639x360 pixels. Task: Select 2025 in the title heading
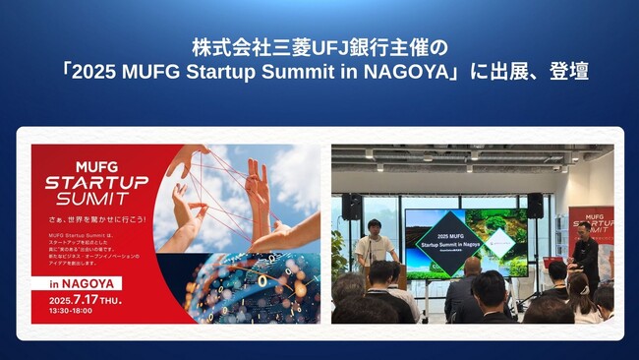click(106, 72)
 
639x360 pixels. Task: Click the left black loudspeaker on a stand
click(351, 207)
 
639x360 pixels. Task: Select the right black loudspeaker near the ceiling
click(535, 205)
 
